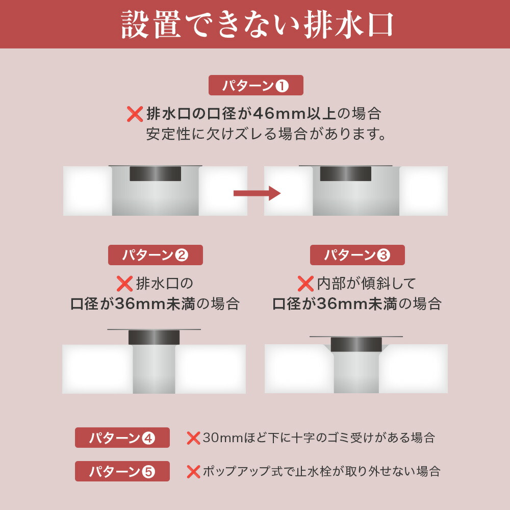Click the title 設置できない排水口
point(257,24)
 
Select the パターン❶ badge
point(256,85)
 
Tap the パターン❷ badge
point(156,255)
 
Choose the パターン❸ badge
point(357,255)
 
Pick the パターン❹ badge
point(122,438)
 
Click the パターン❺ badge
point(122,471)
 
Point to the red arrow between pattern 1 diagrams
point(257,193)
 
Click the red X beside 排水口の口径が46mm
point(135,114)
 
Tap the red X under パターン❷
point(124,284)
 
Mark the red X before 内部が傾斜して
point(305,284)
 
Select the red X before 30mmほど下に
point(193,438)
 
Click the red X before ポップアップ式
point(193,472)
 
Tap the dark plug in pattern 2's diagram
point(154,337)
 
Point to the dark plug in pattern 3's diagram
point(356,344)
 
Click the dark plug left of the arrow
point(155,174)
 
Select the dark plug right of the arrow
point(345,174)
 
